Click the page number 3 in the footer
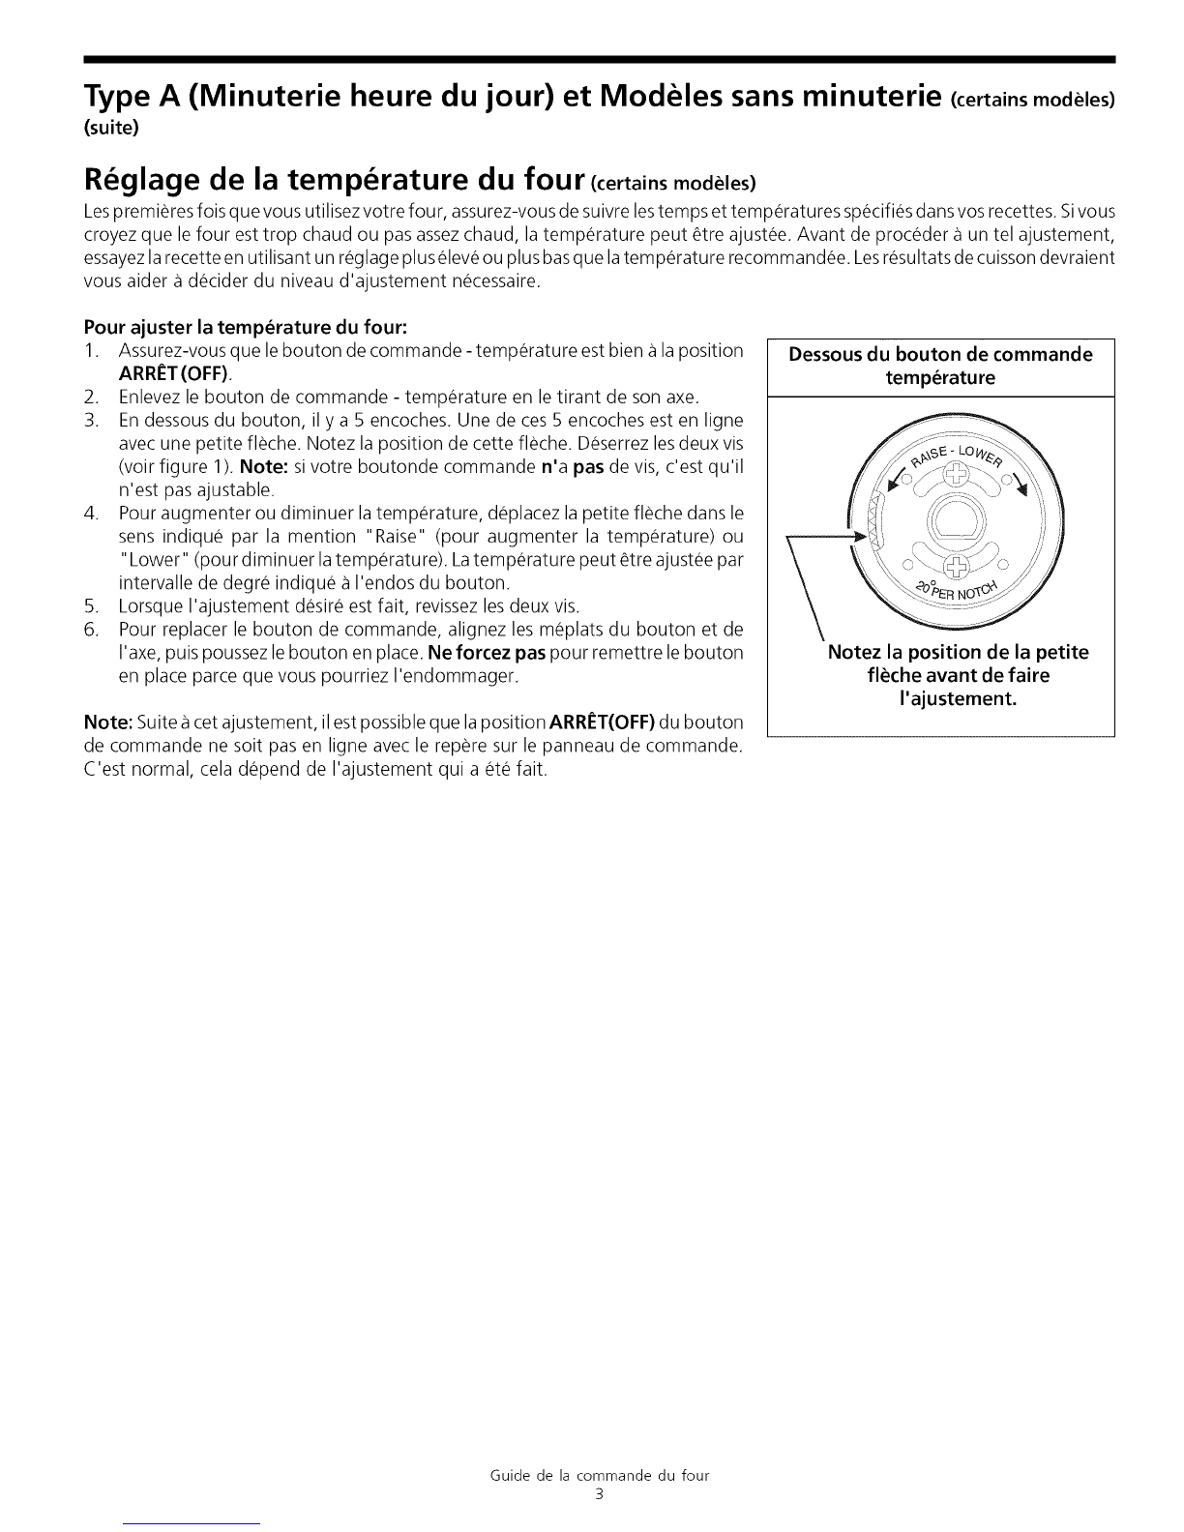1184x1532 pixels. pos(600,1495)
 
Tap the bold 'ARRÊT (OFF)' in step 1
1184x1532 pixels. pos(174,373)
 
